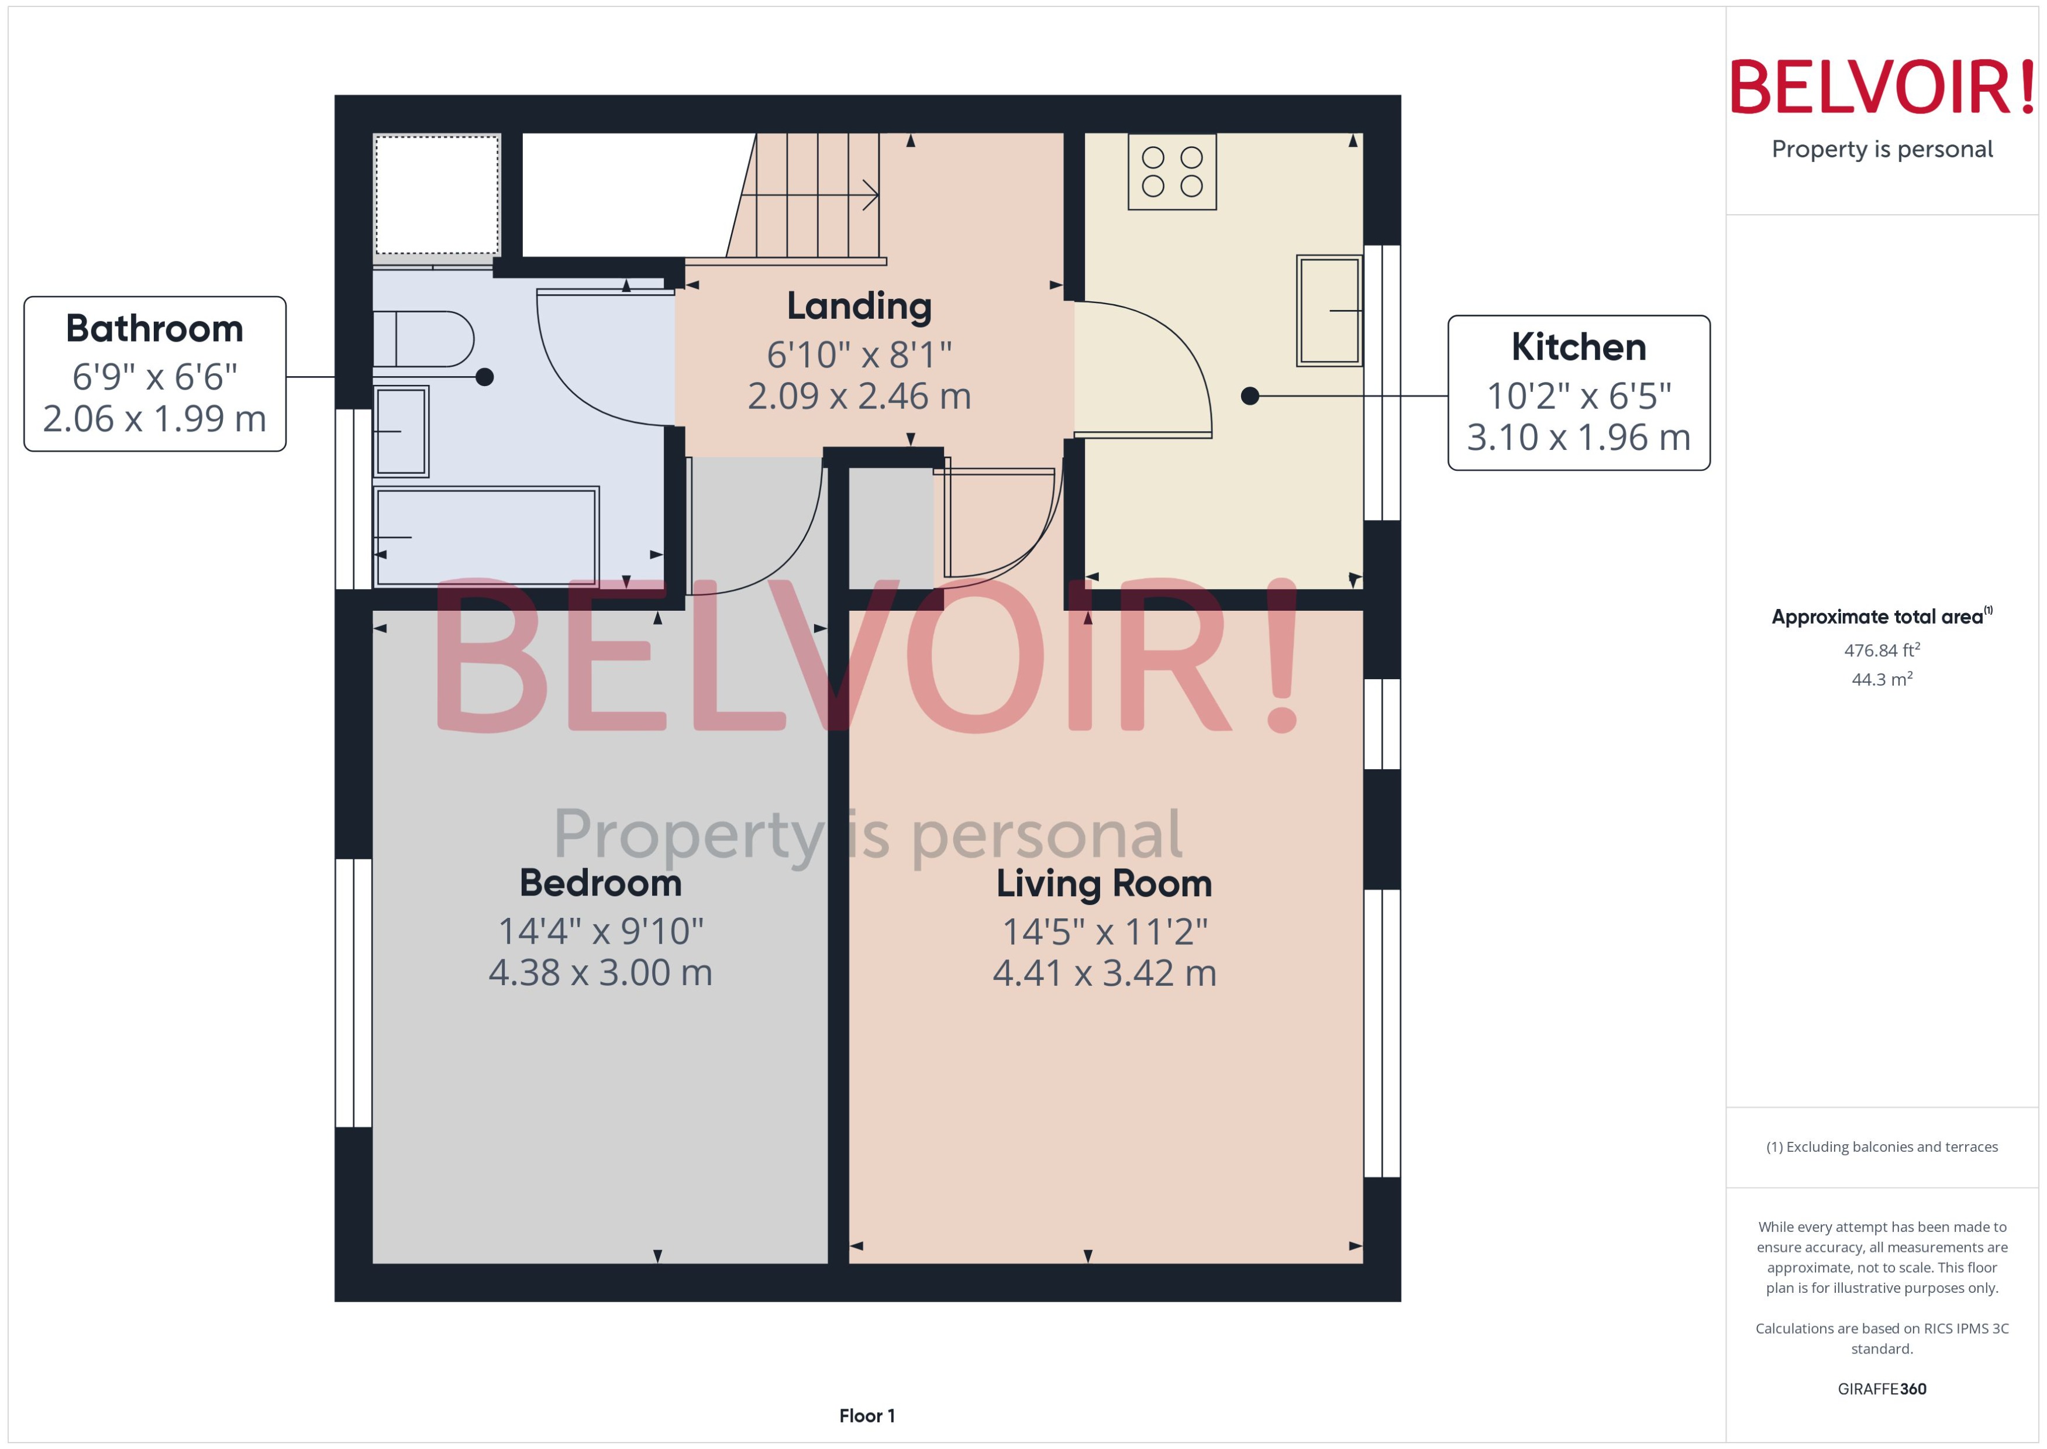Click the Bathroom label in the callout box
[x=154, y=328]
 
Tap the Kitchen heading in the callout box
[x=1578, y=347]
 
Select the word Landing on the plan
[x=859, y=306]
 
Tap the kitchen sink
[x=1328, y=311]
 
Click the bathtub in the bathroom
[x=486, y=536]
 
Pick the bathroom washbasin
[x=401, y=431]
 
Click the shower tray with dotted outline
[x=436, y=195]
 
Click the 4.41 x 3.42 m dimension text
[x=1104, y=973]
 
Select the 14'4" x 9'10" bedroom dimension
[x=600, y=931]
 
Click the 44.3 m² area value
[x=1881, y=679]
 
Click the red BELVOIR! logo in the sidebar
[x=1881, y=87]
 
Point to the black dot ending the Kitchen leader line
[x=1250, y=395]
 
